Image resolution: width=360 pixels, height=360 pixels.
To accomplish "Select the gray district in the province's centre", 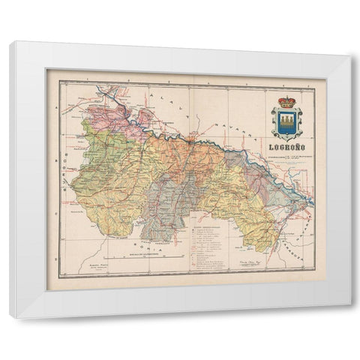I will coord(172,199).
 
